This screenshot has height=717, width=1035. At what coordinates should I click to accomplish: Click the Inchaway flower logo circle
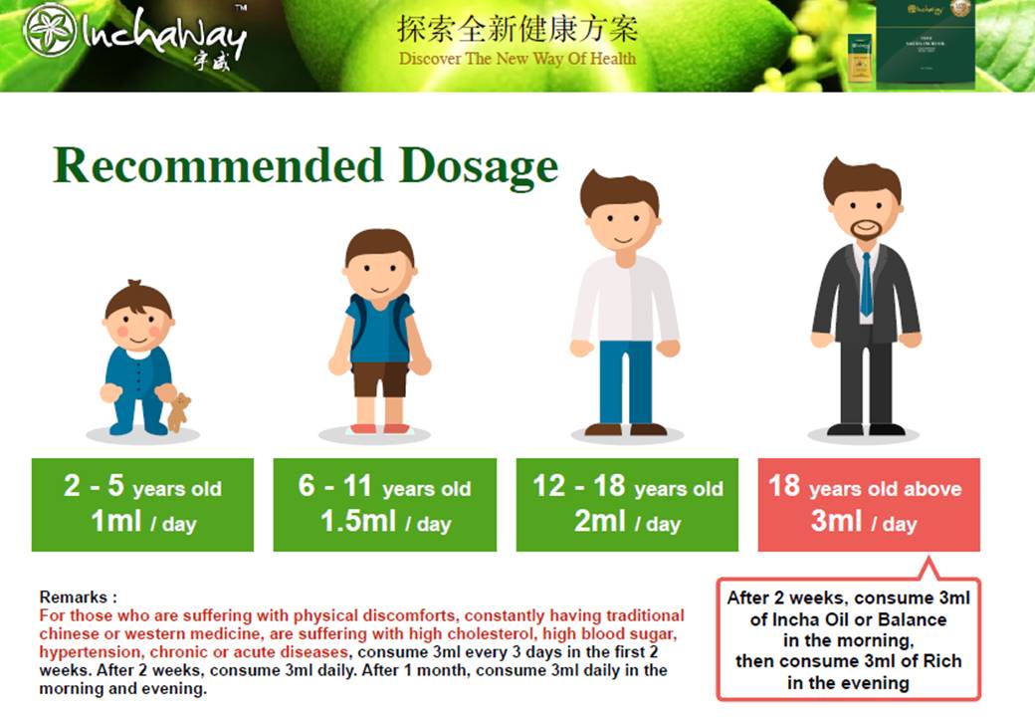pos(50,30)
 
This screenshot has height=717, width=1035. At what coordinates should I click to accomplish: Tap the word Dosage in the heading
pos(479,165)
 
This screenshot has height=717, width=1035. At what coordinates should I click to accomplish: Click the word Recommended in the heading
pos(219,164)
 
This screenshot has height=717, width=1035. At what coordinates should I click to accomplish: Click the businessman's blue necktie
pos(866,284)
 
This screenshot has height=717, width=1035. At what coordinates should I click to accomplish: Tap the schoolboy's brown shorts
pos(380,379)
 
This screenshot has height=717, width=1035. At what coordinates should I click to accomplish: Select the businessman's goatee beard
pos(866,230)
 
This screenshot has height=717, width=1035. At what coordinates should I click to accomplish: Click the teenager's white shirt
pos(625,299)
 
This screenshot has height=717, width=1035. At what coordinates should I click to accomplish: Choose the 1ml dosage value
pos(115,521)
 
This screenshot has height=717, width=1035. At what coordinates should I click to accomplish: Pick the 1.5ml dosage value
pos(358,521)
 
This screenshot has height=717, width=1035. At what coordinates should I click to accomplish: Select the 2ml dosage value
pos(599,521)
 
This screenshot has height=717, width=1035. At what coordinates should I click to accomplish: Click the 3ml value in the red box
pos(836,521)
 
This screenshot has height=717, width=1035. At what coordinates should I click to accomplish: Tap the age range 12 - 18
pos(579,486)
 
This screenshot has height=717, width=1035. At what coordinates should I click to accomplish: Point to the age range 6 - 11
pos(335,486)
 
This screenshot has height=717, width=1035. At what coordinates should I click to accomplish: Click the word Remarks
pos(74,597)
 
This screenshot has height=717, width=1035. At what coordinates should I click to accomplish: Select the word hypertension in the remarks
pos(90,652)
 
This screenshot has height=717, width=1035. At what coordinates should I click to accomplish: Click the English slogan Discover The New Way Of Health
pos(517,59)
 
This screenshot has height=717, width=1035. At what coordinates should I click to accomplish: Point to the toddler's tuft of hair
pos(134,285)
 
